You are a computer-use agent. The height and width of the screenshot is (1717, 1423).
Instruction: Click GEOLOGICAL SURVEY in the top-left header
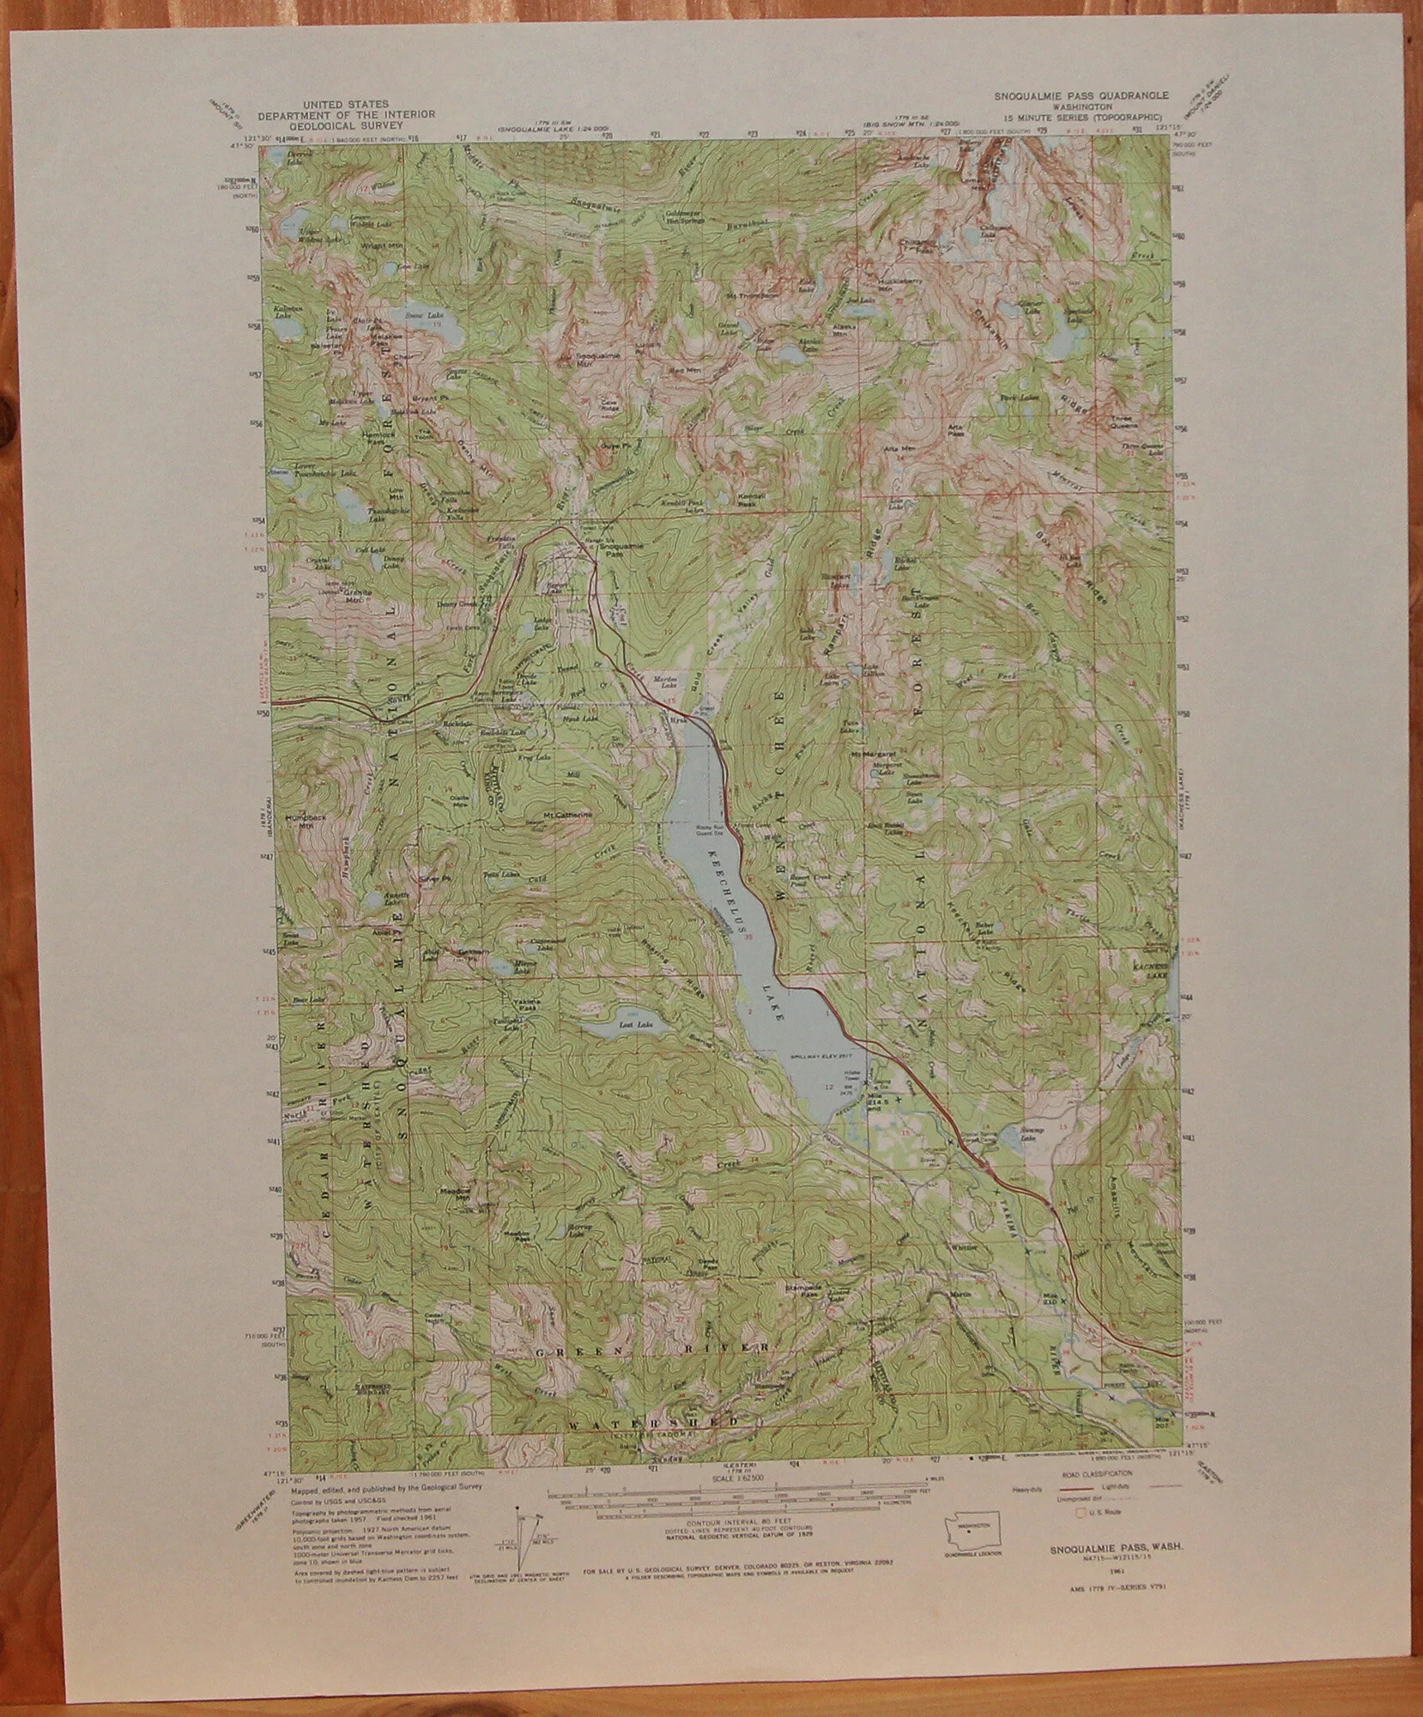[x=345, y=124]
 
